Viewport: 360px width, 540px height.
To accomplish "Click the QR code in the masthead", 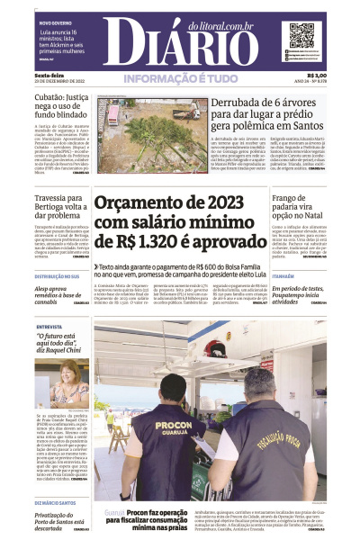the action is (x=301, y=35).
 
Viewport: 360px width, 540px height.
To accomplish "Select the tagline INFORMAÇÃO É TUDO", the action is (x=180, y=79).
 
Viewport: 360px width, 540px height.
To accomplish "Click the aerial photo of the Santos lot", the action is (x=149, y=122).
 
